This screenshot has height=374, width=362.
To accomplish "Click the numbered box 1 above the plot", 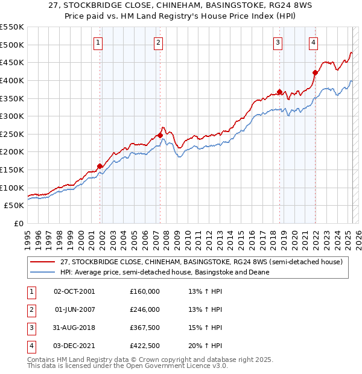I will click(98, 42).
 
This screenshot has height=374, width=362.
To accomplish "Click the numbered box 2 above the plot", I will click(158, 42).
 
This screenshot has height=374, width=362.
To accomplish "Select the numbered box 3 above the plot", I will click(278, 42).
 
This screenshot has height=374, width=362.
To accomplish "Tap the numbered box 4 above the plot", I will click(314, 42).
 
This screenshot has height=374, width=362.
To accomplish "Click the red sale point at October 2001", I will click(100, 166).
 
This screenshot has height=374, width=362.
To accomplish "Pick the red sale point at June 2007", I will click(160, 136).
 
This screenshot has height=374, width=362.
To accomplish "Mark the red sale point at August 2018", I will click(279, 92).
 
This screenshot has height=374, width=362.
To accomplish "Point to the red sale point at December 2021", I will click(315, 72).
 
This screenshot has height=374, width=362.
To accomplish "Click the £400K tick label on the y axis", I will click(12, 80).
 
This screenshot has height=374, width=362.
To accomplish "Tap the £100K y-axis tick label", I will click(12, 188).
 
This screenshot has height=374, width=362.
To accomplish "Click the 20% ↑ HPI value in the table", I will click(205, 346).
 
